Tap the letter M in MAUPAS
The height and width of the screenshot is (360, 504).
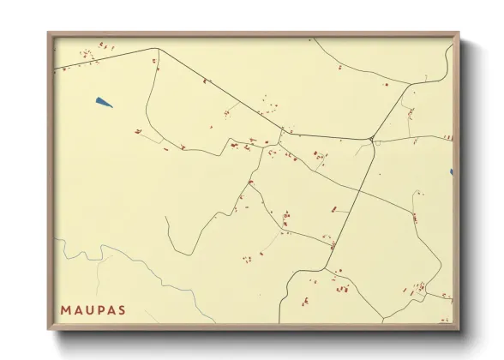[x=65, y=309]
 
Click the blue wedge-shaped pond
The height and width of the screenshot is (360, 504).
[x=104, y=103]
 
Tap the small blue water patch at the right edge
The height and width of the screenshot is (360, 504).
[x=451, y=172]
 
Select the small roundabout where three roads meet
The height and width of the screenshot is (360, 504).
[x=371, y=139]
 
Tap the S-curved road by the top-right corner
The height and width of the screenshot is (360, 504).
[x=447, y=64]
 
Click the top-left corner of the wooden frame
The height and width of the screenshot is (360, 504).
[x=48, y=33]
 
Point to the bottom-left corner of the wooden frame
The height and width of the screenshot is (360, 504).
[x=48, y=330]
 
